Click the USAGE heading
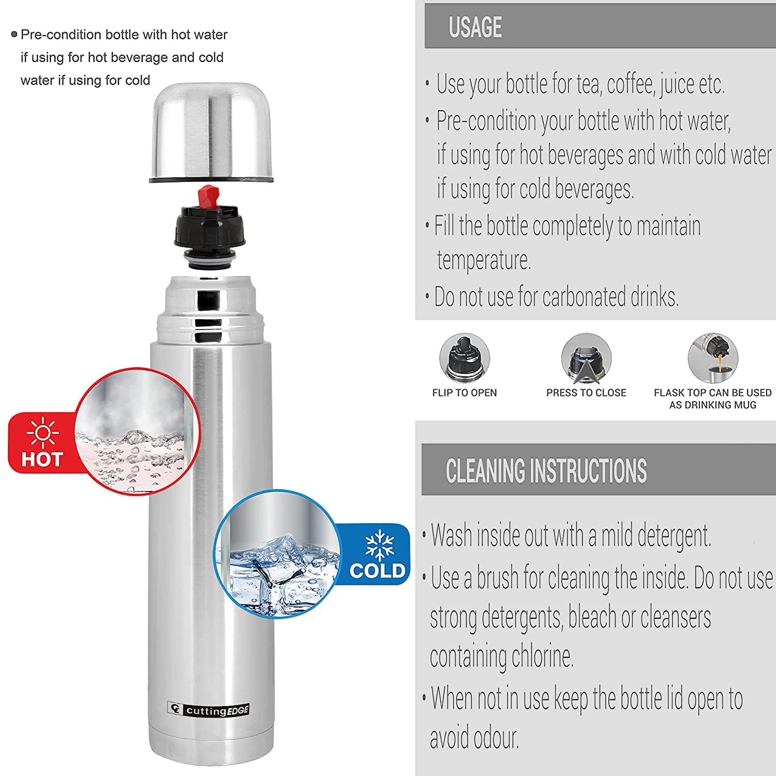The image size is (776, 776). (x=475, y=27)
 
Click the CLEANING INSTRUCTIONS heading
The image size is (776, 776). (x=546, y=470)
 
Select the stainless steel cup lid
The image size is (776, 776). (x=211, y=133)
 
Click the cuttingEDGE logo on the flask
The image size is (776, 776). (x=208, y=709)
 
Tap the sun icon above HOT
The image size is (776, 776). (x=42, y=432)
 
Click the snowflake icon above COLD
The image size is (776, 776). (x=380, y=544)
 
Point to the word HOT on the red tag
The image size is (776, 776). (x=42, y=459)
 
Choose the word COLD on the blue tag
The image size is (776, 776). (x=378, y=571)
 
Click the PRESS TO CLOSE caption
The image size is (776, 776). (x=586, y=393)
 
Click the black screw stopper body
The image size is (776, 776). (x=212, y=228)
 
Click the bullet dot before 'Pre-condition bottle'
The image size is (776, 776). (x=14, y=35)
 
